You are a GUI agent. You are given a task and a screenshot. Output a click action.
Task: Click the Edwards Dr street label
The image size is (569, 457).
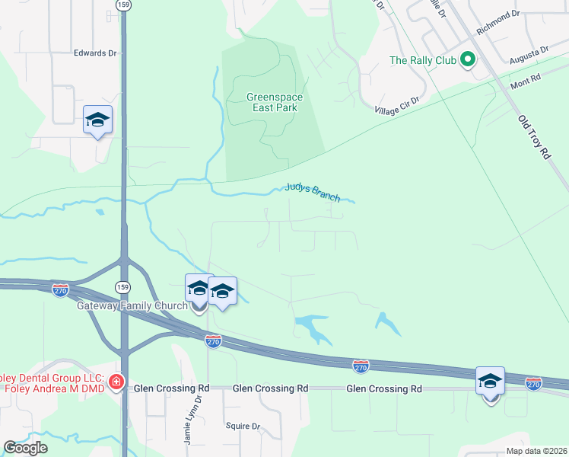coord(95,53)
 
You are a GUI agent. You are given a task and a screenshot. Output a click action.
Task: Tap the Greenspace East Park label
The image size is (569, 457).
coord(272,102)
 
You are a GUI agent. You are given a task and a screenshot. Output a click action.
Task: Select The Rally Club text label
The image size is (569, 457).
coord(421,60)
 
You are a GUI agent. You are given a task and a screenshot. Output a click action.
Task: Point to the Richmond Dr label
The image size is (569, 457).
coord(497,24)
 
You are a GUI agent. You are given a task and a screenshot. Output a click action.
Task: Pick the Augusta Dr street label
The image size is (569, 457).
coord(529,54)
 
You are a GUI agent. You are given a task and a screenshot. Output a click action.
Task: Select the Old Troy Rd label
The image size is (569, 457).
coord(533,137)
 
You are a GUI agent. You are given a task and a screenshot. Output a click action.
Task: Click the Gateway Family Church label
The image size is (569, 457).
coord(132,306)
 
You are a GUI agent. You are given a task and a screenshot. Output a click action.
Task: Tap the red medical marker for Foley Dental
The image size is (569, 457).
coord(116,382)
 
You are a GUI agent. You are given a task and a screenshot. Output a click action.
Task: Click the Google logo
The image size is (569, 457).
coord(25,448)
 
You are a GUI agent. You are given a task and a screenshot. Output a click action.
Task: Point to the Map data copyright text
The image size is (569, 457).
coord(536,451)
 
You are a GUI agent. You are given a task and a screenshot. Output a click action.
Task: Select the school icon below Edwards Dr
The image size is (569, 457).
coord(98,120)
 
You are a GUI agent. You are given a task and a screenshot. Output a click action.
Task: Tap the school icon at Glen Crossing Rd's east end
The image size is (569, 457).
coord(491,380)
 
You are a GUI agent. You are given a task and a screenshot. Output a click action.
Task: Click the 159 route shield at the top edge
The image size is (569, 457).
coord(123,5)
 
